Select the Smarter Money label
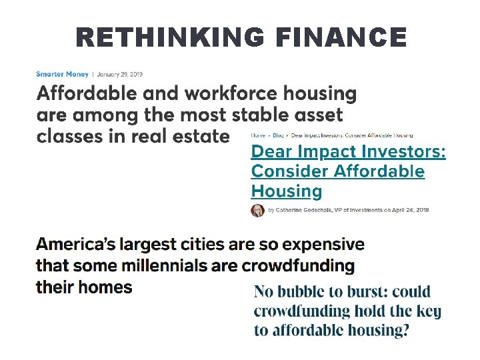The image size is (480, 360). [61, 74]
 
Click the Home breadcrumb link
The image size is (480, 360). [257, 135]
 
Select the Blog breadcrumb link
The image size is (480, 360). [278, 135]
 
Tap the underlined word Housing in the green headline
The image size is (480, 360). [286, 191]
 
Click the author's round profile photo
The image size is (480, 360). [258, 211]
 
